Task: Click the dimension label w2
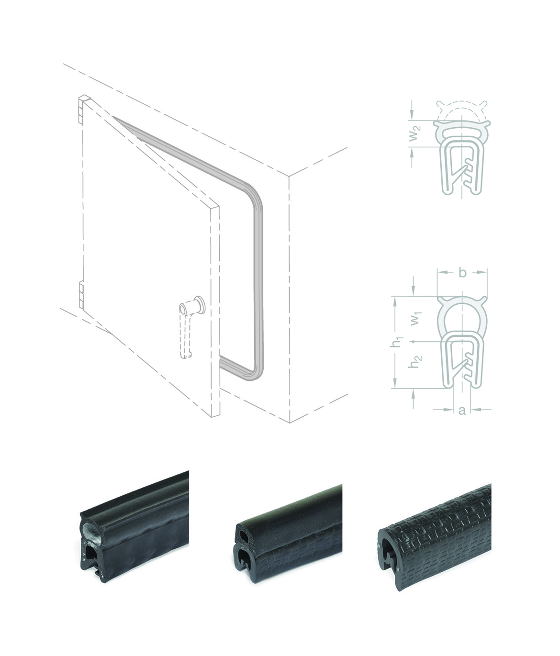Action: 414,133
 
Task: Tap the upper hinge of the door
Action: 84,109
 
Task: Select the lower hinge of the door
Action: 82,295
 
